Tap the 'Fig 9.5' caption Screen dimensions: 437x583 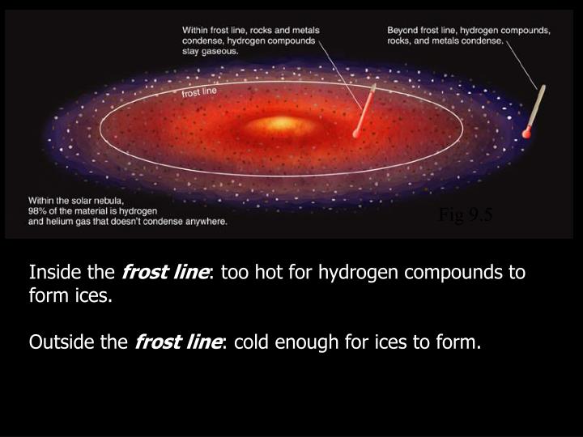pos(466,214)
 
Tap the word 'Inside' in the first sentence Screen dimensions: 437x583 pos(50,273)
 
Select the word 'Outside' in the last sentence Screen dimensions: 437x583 pos(57,344)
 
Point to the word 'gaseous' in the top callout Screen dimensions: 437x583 pos(223,50)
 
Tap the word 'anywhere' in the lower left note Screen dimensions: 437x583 pos(207,221)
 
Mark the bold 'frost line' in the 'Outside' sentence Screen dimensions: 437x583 pos(178,344)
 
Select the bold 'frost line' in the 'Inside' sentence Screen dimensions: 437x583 pos(165,273)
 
